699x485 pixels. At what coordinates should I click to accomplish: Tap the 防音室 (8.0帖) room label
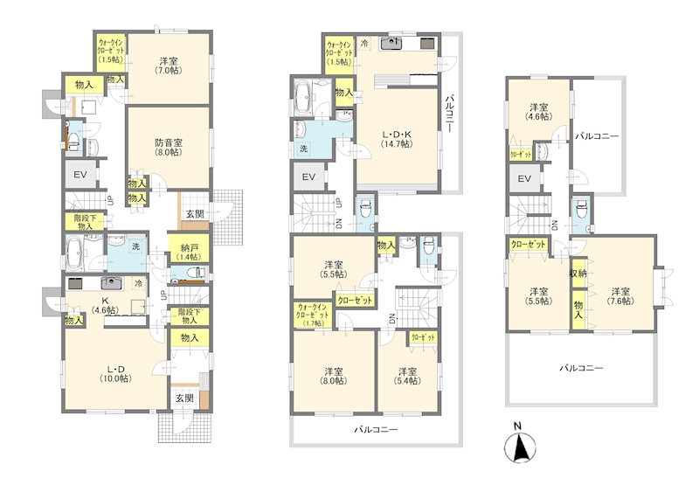click(169, 147)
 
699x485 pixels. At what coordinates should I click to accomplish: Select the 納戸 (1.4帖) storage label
click(188, 252)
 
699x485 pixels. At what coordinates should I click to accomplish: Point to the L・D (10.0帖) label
click(116, 373)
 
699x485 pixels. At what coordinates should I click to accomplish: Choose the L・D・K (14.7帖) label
click(396, 139)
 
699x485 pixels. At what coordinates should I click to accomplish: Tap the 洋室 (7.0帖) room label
click(168, 66)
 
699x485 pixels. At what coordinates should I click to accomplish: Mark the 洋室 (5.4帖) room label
click(407, 376)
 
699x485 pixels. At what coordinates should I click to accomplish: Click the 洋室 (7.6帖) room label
click(619, 296)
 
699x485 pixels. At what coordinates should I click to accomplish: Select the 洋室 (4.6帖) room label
click(538, 112)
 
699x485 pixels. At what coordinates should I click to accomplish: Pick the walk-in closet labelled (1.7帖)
click(312, 315)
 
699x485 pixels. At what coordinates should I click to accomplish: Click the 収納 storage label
click(578, 274)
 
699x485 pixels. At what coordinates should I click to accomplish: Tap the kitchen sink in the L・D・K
click(391, 43)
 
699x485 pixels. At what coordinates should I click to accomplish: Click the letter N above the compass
click(517, 426)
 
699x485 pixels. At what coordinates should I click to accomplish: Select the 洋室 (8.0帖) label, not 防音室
click(333, 376)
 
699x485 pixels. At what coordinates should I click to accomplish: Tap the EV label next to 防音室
click(80, 174)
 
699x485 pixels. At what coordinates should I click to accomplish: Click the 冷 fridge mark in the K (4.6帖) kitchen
click(139, 282)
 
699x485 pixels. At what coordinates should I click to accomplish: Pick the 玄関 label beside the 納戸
click(194, 214)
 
